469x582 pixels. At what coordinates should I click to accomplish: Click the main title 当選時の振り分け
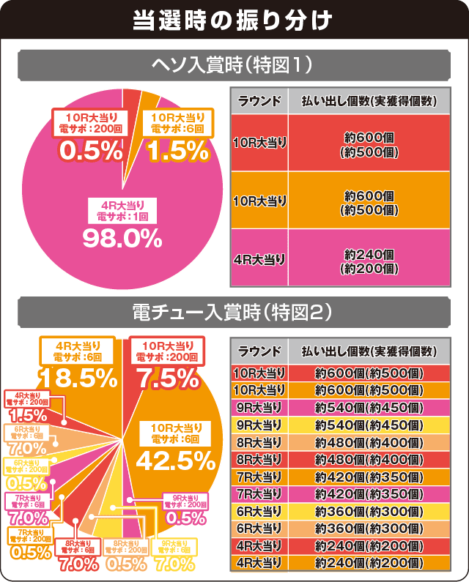click(x=234, y=20)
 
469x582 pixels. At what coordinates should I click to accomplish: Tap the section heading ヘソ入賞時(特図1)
click(x=234, y=65)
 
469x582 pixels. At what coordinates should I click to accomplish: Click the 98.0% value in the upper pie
click(x=122, y=237)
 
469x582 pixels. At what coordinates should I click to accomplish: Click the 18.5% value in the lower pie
click(x=78, y=378)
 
